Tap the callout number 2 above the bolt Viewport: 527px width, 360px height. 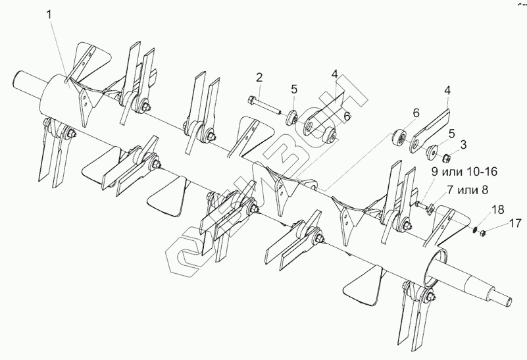[260, 78]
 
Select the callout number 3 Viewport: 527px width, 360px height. [463, 143]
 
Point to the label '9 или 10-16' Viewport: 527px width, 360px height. [464, 172]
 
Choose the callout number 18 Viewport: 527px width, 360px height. [497, 210]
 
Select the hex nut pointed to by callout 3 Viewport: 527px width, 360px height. [446, 157]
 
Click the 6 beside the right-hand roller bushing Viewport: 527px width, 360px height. [415, 114]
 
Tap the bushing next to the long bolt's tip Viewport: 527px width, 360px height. [289, 118]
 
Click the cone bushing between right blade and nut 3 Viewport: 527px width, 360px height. [432, 151]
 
